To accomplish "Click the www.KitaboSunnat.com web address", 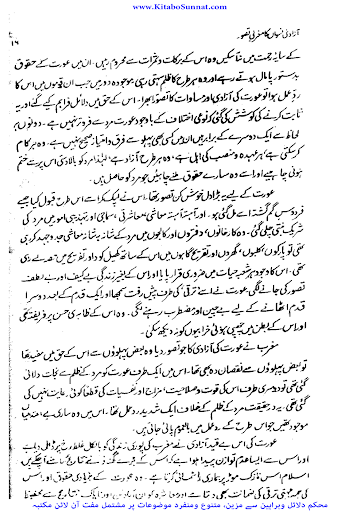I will click(x=180, y=6).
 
